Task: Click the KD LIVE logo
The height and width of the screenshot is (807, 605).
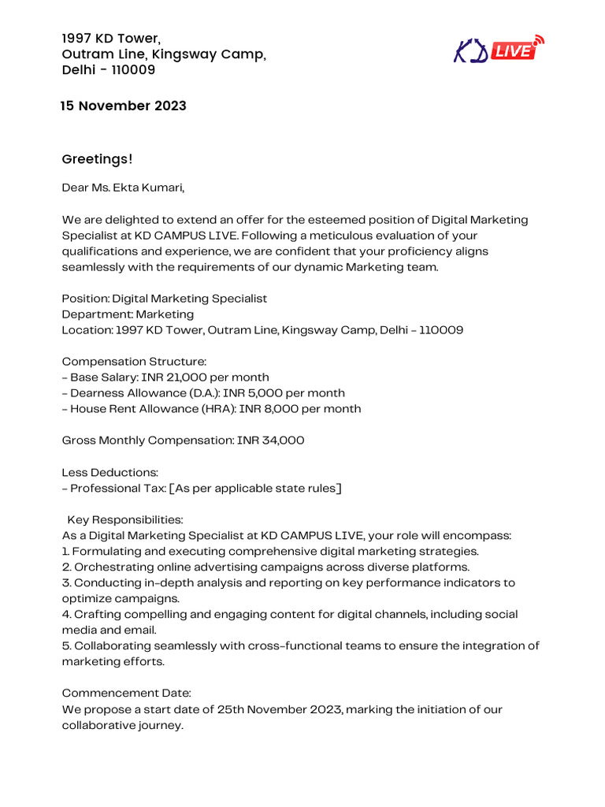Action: (x=499, y=50)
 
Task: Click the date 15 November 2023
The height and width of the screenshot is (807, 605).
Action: (x=124, y=106)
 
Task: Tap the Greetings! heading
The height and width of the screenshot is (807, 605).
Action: (x=98, y=159)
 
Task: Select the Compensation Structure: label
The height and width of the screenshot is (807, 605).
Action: (x=134, y=362)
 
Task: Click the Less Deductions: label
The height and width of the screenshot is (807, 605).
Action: (x=110, y=472)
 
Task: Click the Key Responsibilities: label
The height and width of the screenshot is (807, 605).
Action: (x=125, y=520)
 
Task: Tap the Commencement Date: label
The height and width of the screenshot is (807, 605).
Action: (x=127, y=694)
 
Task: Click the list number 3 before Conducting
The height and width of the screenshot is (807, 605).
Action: (x=65, y=583)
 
